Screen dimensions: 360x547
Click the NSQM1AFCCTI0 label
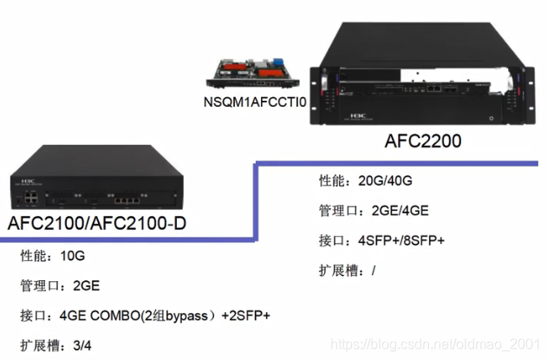[254, 103]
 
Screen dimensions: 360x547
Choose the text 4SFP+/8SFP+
[401, 239]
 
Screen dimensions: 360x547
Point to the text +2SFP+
[246, 315]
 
